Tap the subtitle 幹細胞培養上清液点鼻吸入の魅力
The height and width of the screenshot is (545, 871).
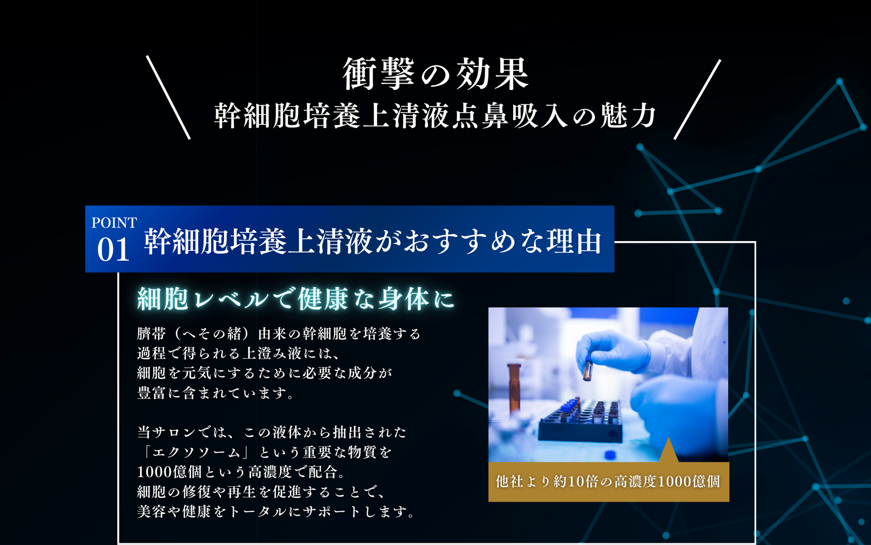point(435,116)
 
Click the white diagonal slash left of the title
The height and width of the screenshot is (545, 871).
point(168,97)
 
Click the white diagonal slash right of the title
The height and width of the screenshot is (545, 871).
point(697,100)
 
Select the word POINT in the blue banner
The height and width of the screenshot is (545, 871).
point(114,223)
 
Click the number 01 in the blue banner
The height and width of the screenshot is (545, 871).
point(113,249)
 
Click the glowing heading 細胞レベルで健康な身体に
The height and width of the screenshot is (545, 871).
point(296,299)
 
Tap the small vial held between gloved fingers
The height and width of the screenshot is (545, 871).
point(588,369)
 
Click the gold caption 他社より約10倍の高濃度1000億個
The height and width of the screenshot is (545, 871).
point(608,481)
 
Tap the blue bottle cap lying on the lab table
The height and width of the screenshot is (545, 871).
point(610,455)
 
